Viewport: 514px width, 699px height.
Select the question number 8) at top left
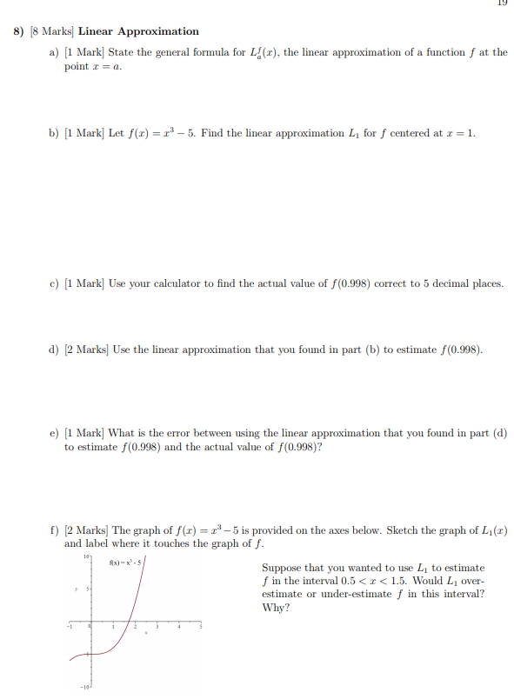tap(17, 31)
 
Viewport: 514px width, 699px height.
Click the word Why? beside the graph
tap(274, 608)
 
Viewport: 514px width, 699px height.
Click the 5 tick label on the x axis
tap(202, 627)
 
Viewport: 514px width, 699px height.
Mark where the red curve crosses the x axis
tap(128, 622)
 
